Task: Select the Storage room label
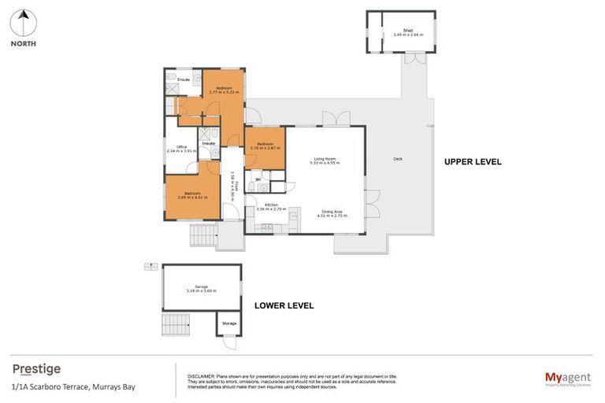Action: pos(228,324)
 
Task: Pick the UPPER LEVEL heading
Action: pos(473,162)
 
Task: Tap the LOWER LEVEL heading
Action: pos(284,305)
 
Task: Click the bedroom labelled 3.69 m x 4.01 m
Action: pos(193,195)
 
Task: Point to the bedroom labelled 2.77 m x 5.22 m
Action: pos(224,91)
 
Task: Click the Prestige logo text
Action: pos(36,368)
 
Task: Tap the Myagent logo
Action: pos(567,378)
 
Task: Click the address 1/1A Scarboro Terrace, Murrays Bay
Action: pos(61,387)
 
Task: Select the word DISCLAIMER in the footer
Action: pos(203,376)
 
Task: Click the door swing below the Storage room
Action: pos(228,343)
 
